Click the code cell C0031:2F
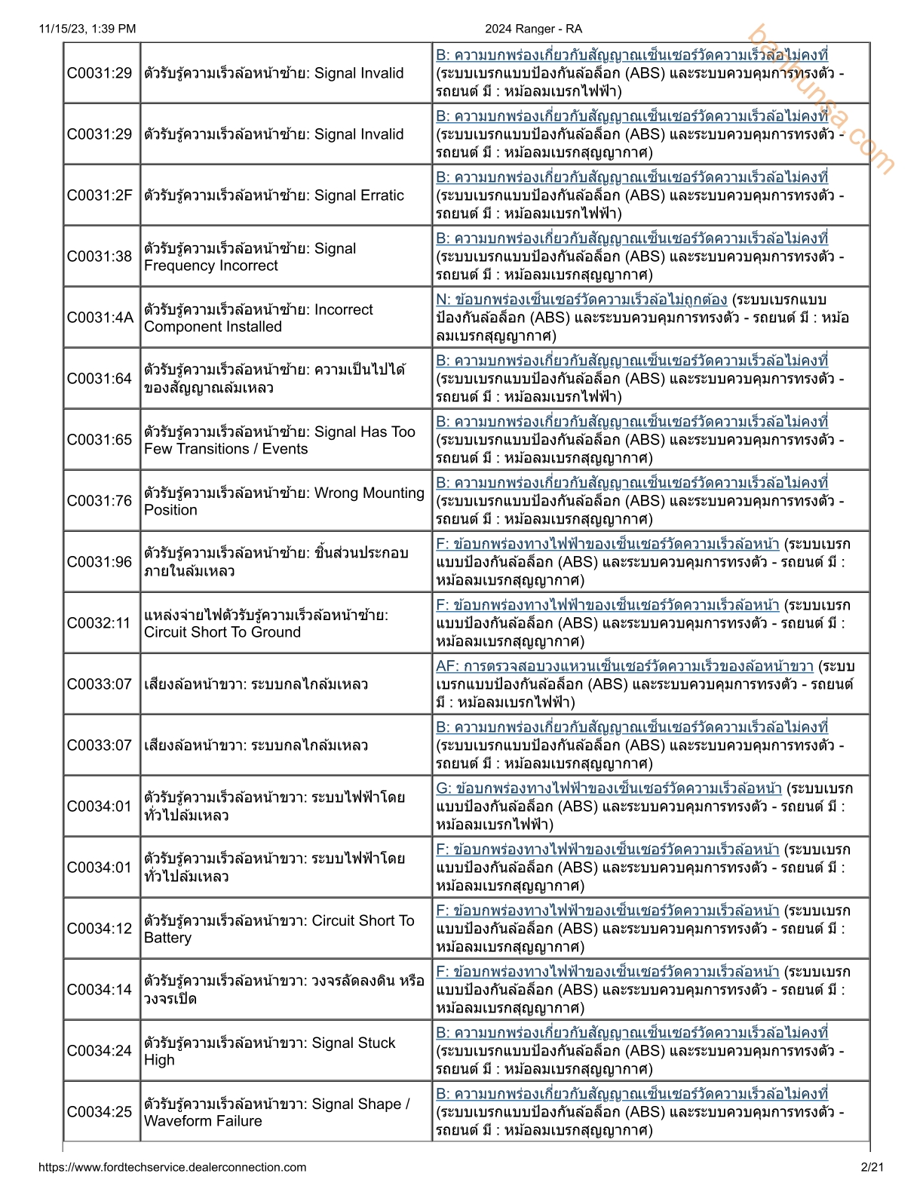pyautogui.click(x=100, y=195)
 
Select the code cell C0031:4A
pyautogui.click(x=100, y=318)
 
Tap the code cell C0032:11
pyautogui.click(x=100, y=623)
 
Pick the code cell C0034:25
pyautogui.click(x=100, y=1112)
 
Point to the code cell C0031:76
pyautogui.click(x=100, y=501)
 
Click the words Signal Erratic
pyautogui.click(x=359, y=195)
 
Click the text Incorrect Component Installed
pyautogui.click(x=259, y=318)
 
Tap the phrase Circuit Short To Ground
pyautogui.click(x=222, y=632)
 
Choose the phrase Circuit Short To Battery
pyautogui.click(x=279, y=929)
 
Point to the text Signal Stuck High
pyautogui.click(x=270, y=1052)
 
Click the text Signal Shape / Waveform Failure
pyautogui.click(x=278, y=1113)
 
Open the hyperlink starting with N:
pyautogui.click(x=581, y=300)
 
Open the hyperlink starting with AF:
pyautogui.click(x=624, y=666)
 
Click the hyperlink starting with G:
pyautogui.click(x=609, y=788)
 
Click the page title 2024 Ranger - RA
pyautogui.click(x=533, y=29)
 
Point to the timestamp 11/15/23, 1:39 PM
pyautogui.click(x=87, y=29)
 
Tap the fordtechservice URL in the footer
pyautogui.click(x=173, y=1167)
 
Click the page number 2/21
pyautogui.click(x=872, y=1167)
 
